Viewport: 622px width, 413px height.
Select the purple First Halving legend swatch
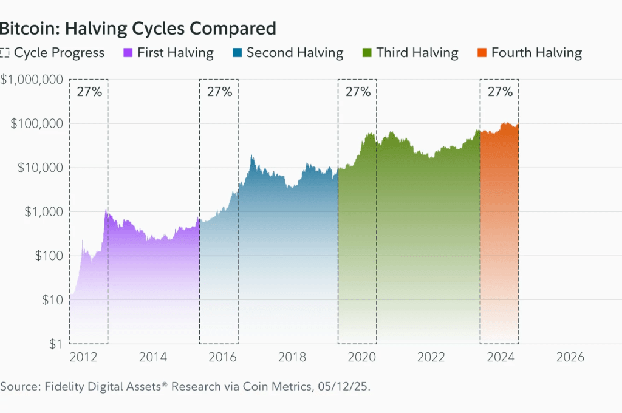click(128, 53)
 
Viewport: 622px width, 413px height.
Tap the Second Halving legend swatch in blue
click(237, 53)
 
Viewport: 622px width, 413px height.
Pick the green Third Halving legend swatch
click(366, 53)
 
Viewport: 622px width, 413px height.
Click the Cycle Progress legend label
click(59, 53)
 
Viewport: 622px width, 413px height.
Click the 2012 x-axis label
click(84, 357)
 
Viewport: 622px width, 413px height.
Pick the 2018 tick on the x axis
click(292, 357)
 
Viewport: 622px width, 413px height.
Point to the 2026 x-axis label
click(570, 357)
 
